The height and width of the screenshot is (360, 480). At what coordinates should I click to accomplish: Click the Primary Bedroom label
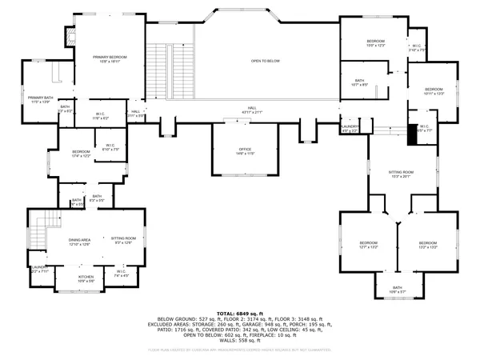tap(110, 59)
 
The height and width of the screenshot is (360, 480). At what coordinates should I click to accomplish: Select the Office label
tap(245, 150)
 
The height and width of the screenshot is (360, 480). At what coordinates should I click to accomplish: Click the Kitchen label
tap(86, 278)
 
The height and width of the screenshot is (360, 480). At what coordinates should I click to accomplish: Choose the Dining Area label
tap(78, 240)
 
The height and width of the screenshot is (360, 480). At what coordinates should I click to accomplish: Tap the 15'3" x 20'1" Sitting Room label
tap(401, 174)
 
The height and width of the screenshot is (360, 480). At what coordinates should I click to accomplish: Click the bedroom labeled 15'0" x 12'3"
tap(376, 43)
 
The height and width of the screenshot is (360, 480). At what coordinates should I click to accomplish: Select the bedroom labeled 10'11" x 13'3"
tap(433, 90)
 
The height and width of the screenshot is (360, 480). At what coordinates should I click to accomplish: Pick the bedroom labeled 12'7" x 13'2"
tap(368, 244)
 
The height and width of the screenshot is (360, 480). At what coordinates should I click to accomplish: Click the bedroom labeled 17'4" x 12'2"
tap(81, 154)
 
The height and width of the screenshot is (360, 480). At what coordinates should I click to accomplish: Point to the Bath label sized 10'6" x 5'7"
tap(398, 290)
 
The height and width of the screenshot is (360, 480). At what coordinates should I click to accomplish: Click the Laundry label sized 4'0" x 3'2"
tap(349, 128)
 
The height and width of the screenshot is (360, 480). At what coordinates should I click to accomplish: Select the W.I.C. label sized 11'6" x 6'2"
tap(101, 115)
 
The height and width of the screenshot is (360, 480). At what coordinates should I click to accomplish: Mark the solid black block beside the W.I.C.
tap(413, 133)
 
